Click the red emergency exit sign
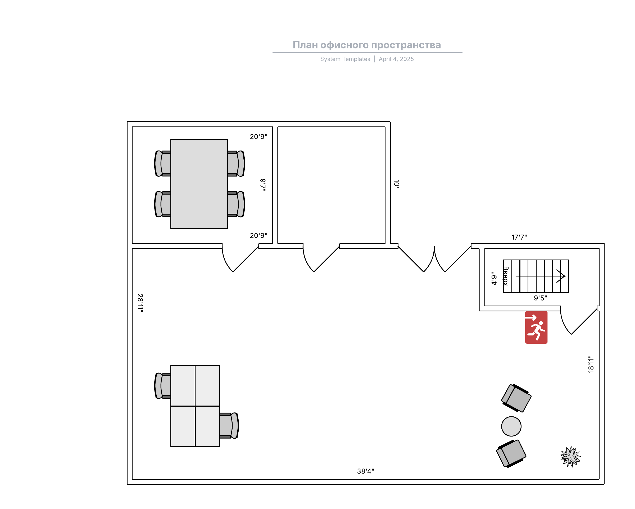[x=536, y=327]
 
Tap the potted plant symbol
[x=570, y=457]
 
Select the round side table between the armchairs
[x=511, y=426]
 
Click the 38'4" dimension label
[x=365, y=471]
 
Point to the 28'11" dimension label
[x=140, y=303]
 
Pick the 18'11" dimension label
[x=591, y=364]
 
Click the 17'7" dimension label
[x=519, y=237]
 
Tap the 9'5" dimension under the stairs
[x=541, y=298]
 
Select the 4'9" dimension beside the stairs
[x=494, y=279]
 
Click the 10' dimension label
[x=396, y=184]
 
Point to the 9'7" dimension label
[x=263, y=185]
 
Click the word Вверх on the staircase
[x=505, y=276]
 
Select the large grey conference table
[x=199, y=184]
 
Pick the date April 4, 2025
[x=396, y=59]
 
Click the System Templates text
[x=345, y=59]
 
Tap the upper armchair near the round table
[x=516, y=398]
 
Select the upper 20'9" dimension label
[x=258, y=137]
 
